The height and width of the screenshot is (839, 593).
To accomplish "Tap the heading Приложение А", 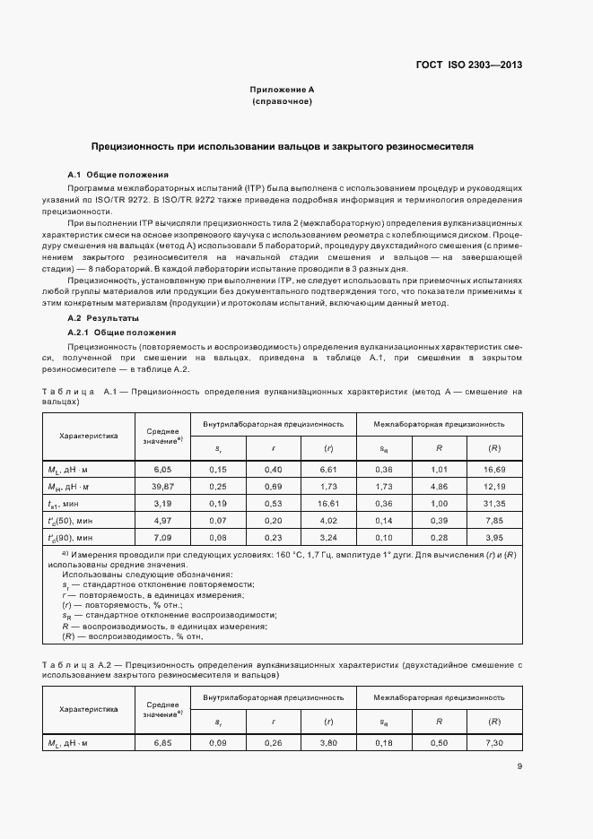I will (282, 90).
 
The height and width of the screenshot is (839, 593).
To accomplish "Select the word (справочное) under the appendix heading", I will (282, 102).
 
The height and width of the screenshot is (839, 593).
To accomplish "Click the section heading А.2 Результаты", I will (104, 318).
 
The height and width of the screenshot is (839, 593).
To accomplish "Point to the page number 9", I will (520, 765).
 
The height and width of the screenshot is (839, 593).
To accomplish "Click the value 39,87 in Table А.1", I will (162, 485).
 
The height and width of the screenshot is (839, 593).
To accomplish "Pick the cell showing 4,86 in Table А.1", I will (440, 485).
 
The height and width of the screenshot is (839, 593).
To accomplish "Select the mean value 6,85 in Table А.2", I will (162, 743).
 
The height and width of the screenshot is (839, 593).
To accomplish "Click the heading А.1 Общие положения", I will (118, 174).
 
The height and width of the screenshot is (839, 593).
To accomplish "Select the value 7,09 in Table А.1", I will (162, 538).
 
